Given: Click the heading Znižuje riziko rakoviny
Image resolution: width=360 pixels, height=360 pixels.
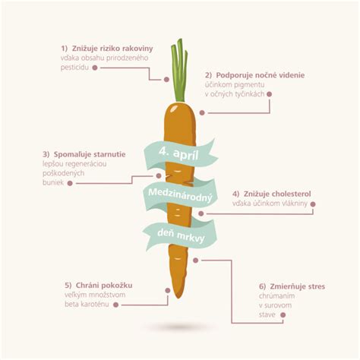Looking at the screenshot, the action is click(x=112, y=49).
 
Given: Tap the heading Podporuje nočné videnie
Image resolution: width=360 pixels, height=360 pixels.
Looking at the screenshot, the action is click(x=261, y=75).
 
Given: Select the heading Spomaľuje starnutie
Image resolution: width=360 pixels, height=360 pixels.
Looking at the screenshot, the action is click(x=90, y=154).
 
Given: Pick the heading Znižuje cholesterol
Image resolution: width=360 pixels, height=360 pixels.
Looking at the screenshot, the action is click(x=277, y=194).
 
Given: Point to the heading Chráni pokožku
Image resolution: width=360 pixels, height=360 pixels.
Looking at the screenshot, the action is click(x=104, y=286).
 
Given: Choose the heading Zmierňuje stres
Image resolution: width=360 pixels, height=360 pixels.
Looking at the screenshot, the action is click(x=298, y=286).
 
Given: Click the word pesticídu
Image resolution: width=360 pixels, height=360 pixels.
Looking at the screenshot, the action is click(x=74, y=68).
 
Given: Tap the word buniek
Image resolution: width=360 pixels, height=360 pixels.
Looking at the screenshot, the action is click(x=53, y=182).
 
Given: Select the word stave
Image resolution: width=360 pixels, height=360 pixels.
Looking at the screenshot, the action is click(x=267, y=314).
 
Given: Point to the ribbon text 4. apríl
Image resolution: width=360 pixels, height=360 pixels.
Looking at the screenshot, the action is click(x=178, y=153).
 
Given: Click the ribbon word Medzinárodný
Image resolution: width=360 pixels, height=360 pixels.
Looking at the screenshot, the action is click(x=180, y=195).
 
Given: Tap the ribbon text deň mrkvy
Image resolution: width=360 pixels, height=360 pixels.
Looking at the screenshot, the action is click(x=181, y=235).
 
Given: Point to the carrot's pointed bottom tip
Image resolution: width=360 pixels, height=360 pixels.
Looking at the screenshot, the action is click(x=178, y=298).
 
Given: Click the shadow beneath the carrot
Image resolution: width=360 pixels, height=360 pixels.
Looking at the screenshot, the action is click(x=180, y=327).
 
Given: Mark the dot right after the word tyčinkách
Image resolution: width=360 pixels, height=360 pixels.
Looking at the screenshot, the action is click(x=270, y=94).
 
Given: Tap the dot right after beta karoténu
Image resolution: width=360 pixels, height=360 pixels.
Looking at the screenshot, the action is click(x=115, y=305).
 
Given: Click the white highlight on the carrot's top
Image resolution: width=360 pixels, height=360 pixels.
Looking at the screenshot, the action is click(x=174, y=108).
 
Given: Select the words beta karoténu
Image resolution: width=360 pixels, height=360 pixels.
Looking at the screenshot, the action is click(x=87, y=304).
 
